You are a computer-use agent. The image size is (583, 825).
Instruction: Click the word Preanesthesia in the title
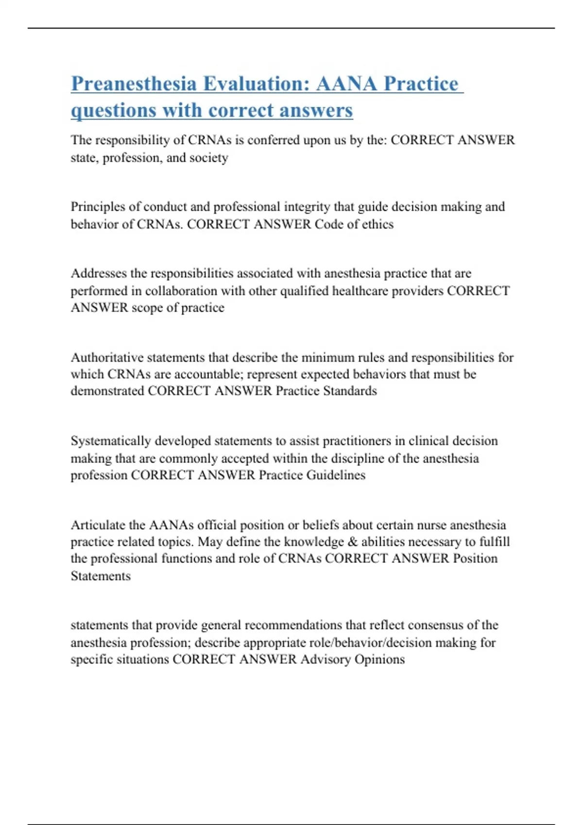(134, 84)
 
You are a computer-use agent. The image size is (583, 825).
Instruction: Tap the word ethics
(377, 224)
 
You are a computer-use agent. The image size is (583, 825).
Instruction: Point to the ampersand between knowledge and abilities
(353, 542)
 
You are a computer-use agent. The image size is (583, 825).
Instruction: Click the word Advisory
(325, 660)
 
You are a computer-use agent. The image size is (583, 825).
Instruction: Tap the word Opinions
(379, 660)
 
